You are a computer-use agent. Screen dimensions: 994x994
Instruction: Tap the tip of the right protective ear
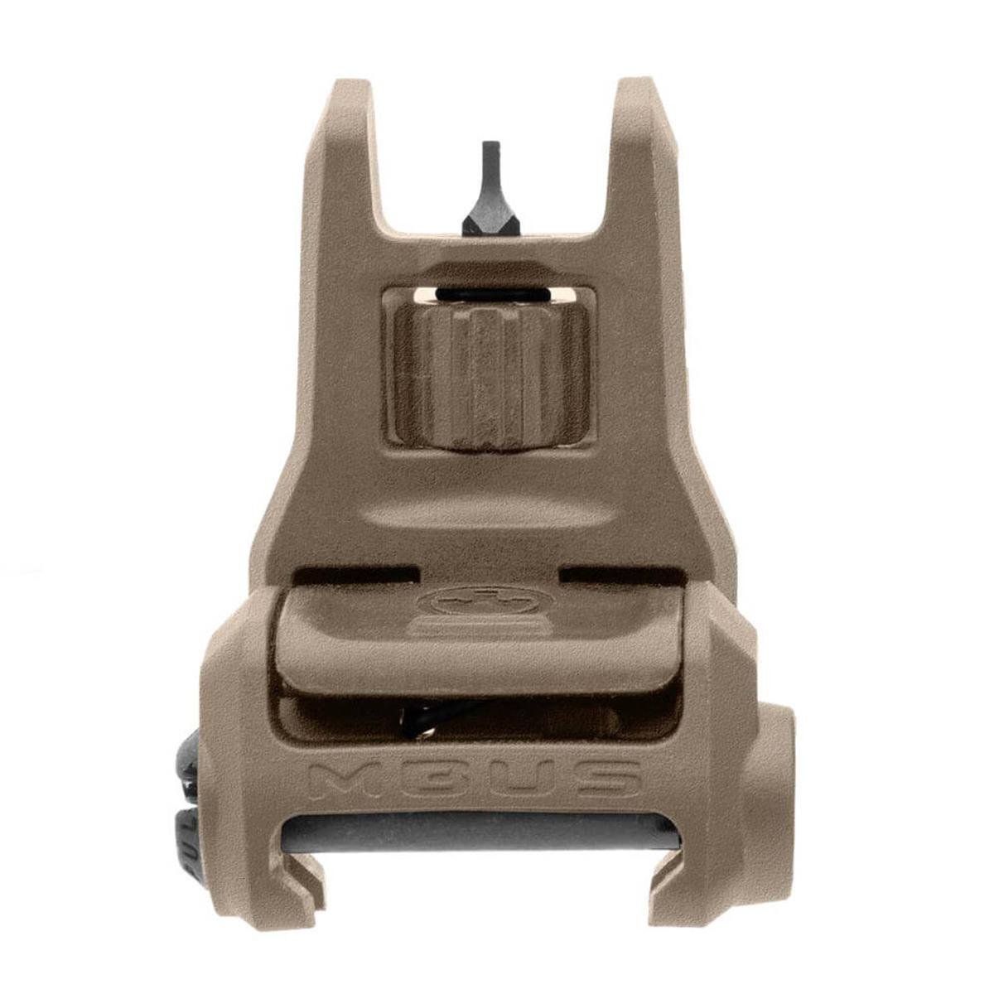coord(639,85)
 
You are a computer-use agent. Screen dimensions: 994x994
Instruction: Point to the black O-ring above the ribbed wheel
coord(496,295)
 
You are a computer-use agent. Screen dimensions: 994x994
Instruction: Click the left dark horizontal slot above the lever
coord(352,573)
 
